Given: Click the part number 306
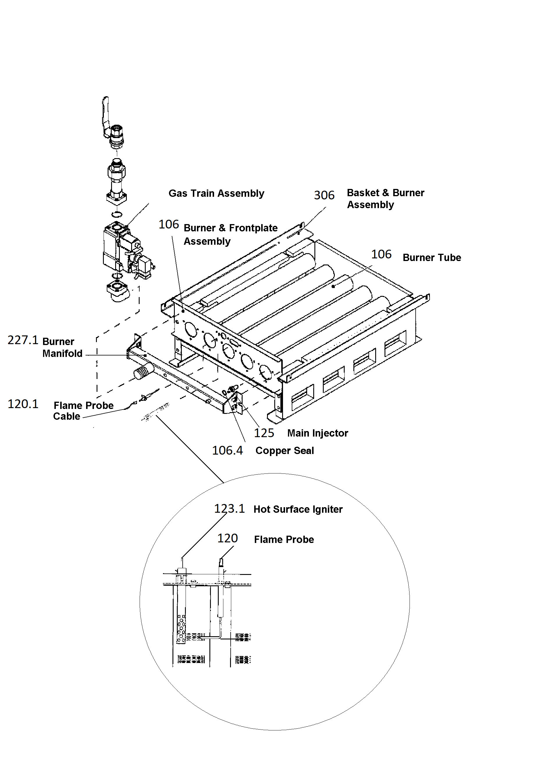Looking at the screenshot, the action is coord(324,195).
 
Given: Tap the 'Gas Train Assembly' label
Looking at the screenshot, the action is coord(216,194).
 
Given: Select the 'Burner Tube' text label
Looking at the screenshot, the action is coord(432,258).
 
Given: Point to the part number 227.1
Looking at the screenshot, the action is coord(23,340).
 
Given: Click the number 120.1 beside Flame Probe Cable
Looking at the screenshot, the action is coord(23,404).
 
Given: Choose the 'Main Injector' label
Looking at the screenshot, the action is coord(318,433).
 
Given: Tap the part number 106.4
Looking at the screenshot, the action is coord(228,451).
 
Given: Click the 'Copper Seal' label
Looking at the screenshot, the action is coord(285,451).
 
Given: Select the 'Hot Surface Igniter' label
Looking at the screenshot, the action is coord(298,510).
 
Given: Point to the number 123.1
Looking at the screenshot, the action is coord(229,509).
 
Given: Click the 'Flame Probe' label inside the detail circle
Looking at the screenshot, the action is coord(284,539).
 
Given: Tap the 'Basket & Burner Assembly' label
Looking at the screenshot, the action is coord(386,199).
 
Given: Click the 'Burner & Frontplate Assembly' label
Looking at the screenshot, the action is coord(231,235).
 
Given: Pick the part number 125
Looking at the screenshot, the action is coord(264,433).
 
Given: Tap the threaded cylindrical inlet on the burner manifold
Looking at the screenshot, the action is coord(144,371).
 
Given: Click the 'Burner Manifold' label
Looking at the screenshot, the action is coord(62,348).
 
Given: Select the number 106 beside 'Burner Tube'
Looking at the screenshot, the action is coord(381,255).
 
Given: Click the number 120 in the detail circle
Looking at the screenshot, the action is coord(227,538).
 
